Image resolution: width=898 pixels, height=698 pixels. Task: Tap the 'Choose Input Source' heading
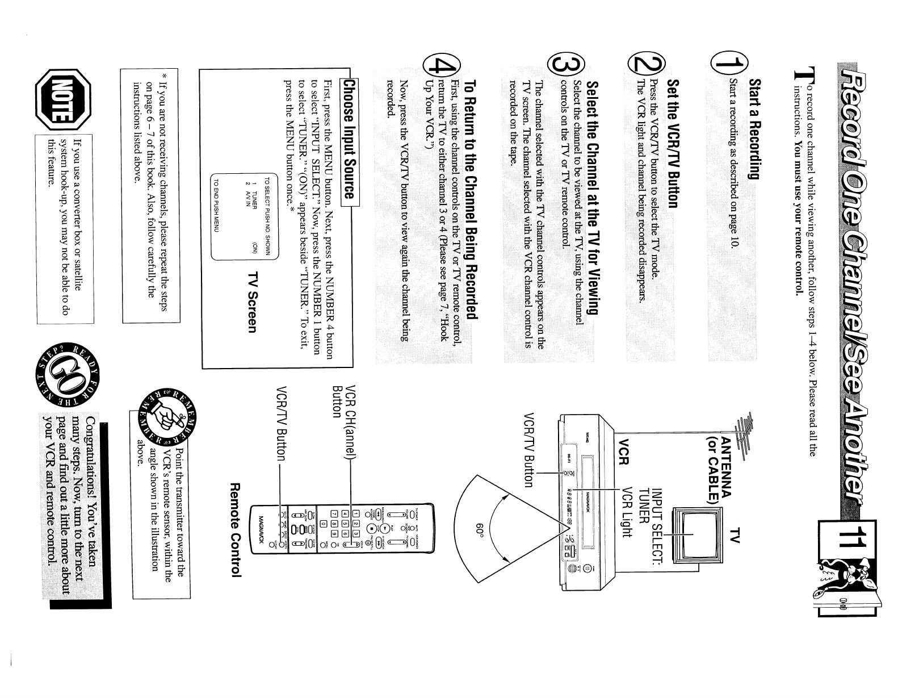tap(347, 140)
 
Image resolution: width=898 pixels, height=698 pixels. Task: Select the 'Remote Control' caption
tap(236, 530)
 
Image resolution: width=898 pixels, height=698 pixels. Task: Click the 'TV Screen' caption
tap(251, 301)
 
